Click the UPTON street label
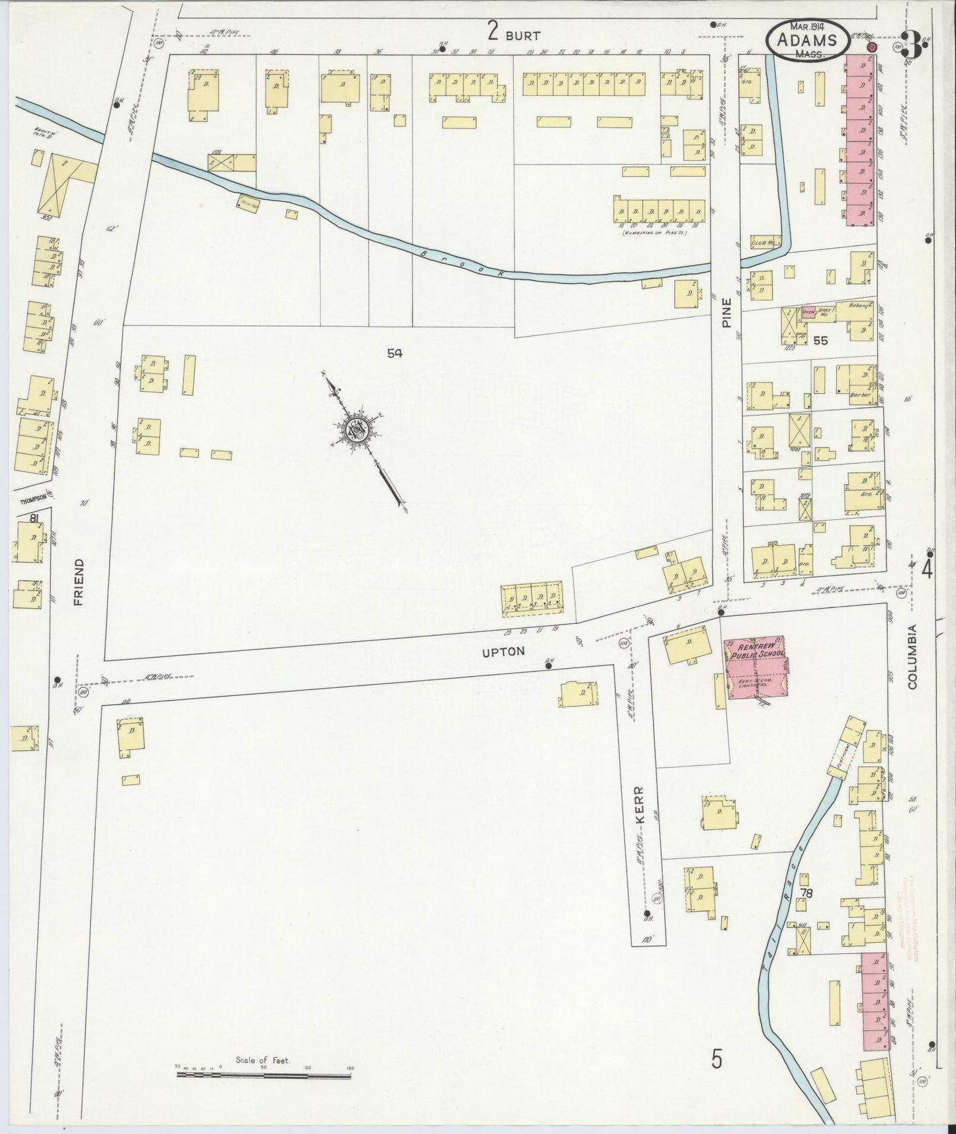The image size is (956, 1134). (503, 652)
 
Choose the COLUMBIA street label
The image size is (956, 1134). (912, 656)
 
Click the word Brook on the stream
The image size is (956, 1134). (463, 263)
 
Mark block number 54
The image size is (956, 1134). (395, 353)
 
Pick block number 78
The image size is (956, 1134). (806, 893)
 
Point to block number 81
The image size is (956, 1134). (33, 518)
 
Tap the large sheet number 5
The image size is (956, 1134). (717, 1060)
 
